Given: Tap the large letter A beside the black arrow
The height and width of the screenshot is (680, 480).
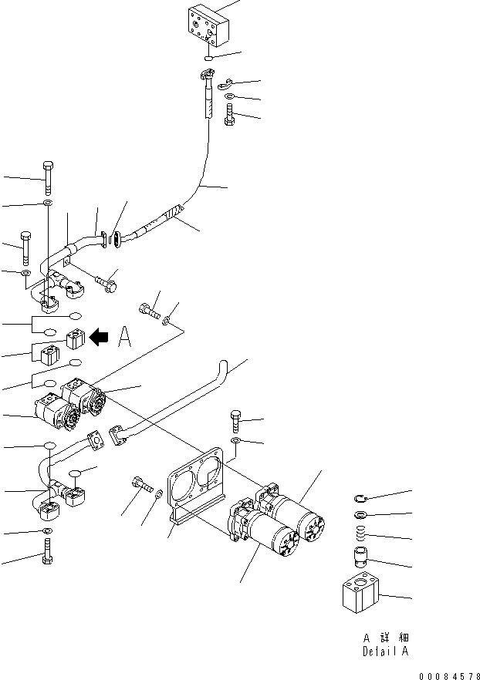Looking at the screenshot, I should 125,337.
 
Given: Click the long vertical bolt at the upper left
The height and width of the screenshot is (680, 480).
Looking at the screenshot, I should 47,178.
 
